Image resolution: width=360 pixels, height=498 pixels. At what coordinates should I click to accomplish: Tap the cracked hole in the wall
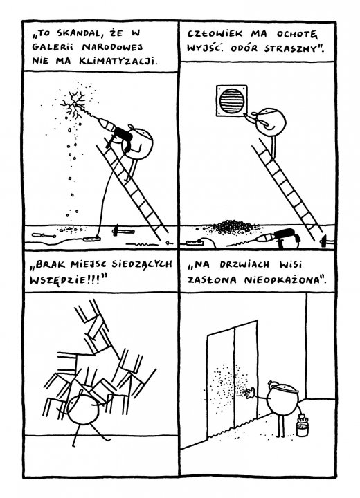(74, 102)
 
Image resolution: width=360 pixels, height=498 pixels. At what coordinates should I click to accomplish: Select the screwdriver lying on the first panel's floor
(44, 235)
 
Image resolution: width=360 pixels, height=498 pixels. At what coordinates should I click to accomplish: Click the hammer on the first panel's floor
(123, 230)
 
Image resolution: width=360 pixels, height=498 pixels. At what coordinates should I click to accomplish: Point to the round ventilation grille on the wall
(231, 101)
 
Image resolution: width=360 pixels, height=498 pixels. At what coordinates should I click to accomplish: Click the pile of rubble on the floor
(233, 226)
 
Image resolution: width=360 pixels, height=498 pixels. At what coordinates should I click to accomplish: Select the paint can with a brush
(302, 425)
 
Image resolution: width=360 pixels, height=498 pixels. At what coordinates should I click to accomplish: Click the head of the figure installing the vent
(271, 122)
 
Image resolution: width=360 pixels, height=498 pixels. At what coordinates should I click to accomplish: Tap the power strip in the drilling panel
(92, 237)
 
